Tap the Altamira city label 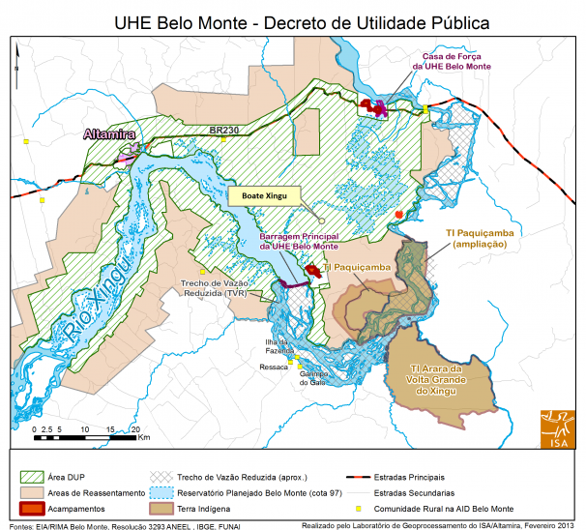pyautogui.click(x=109, y=134)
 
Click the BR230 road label pyautogui.click(x=224, y=129)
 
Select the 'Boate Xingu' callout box pyautogui.click(x=264, y=195)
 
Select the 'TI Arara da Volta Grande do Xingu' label pyautogui.click(x=449, y=379)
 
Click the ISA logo pyautogui.click(x=554, y=425)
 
